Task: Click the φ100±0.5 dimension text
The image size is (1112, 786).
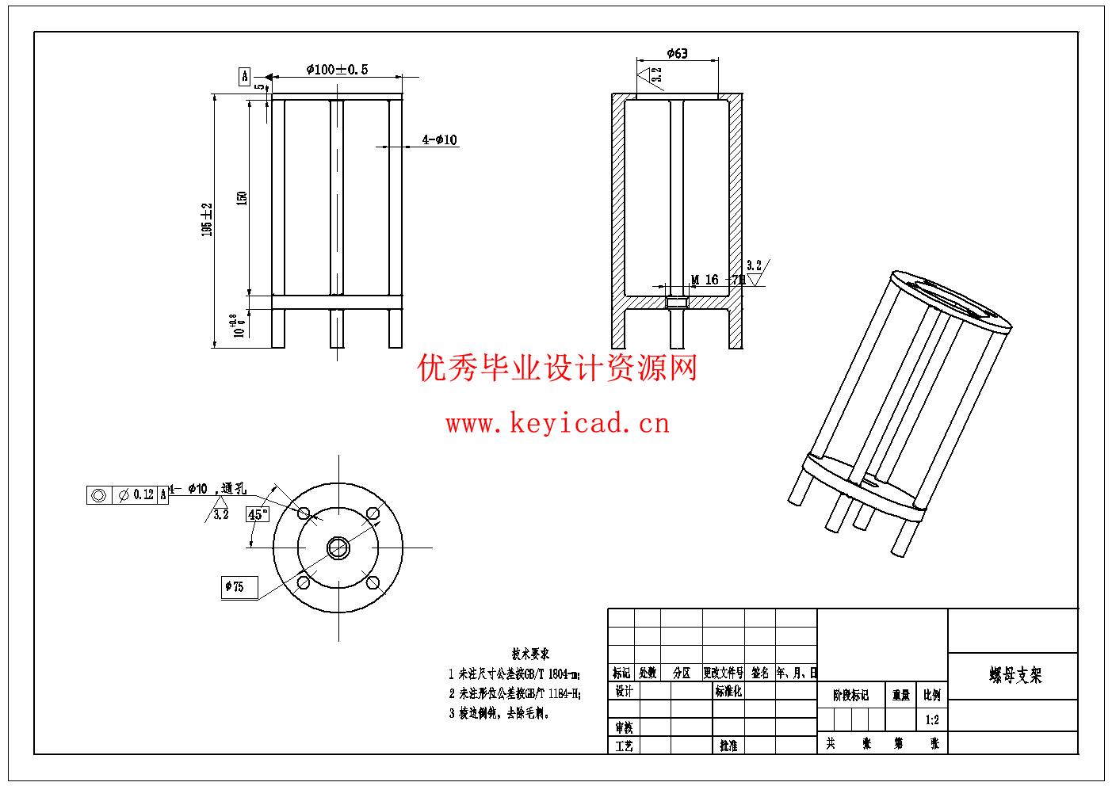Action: [337, 69]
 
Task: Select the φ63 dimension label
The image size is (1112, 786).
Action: [678, 53]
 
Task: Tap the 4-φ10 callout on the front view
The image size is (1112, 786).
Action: [439, 140]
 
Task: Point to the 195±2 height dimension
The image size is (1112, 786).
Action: [208, 219]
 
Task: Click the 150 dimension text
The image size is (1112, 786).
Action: [243, 196]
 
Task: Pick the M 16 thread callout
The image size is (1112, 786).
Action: [705, 280]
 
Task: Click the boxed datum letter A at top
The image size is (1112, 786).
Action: [245, 76]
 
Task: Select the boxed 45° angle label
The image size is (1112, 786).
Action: [258, 514]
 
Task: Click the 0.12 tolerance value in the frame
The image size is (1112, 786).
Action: [143, 494]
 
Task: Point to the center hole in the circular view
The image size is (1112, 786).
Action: [338, 546]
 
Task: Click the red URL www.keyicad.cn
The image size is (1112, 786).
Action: [557, 424]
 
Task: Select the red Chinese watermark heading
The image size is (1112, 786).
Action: [557, 368]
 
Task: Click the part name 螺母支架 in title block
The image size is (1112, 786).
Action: [1015, 675]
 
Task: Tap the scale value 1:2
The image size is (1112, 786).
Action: [932, 720]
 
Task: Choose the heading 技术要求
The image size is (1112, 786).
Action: [530, 654]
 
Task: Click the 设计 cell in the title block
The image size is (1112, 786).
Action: [624, 692]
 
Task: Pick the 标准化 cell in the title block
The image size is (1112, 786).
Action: [728, 692]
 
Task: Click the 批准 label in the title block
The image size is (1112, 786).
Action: [728, 746]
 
